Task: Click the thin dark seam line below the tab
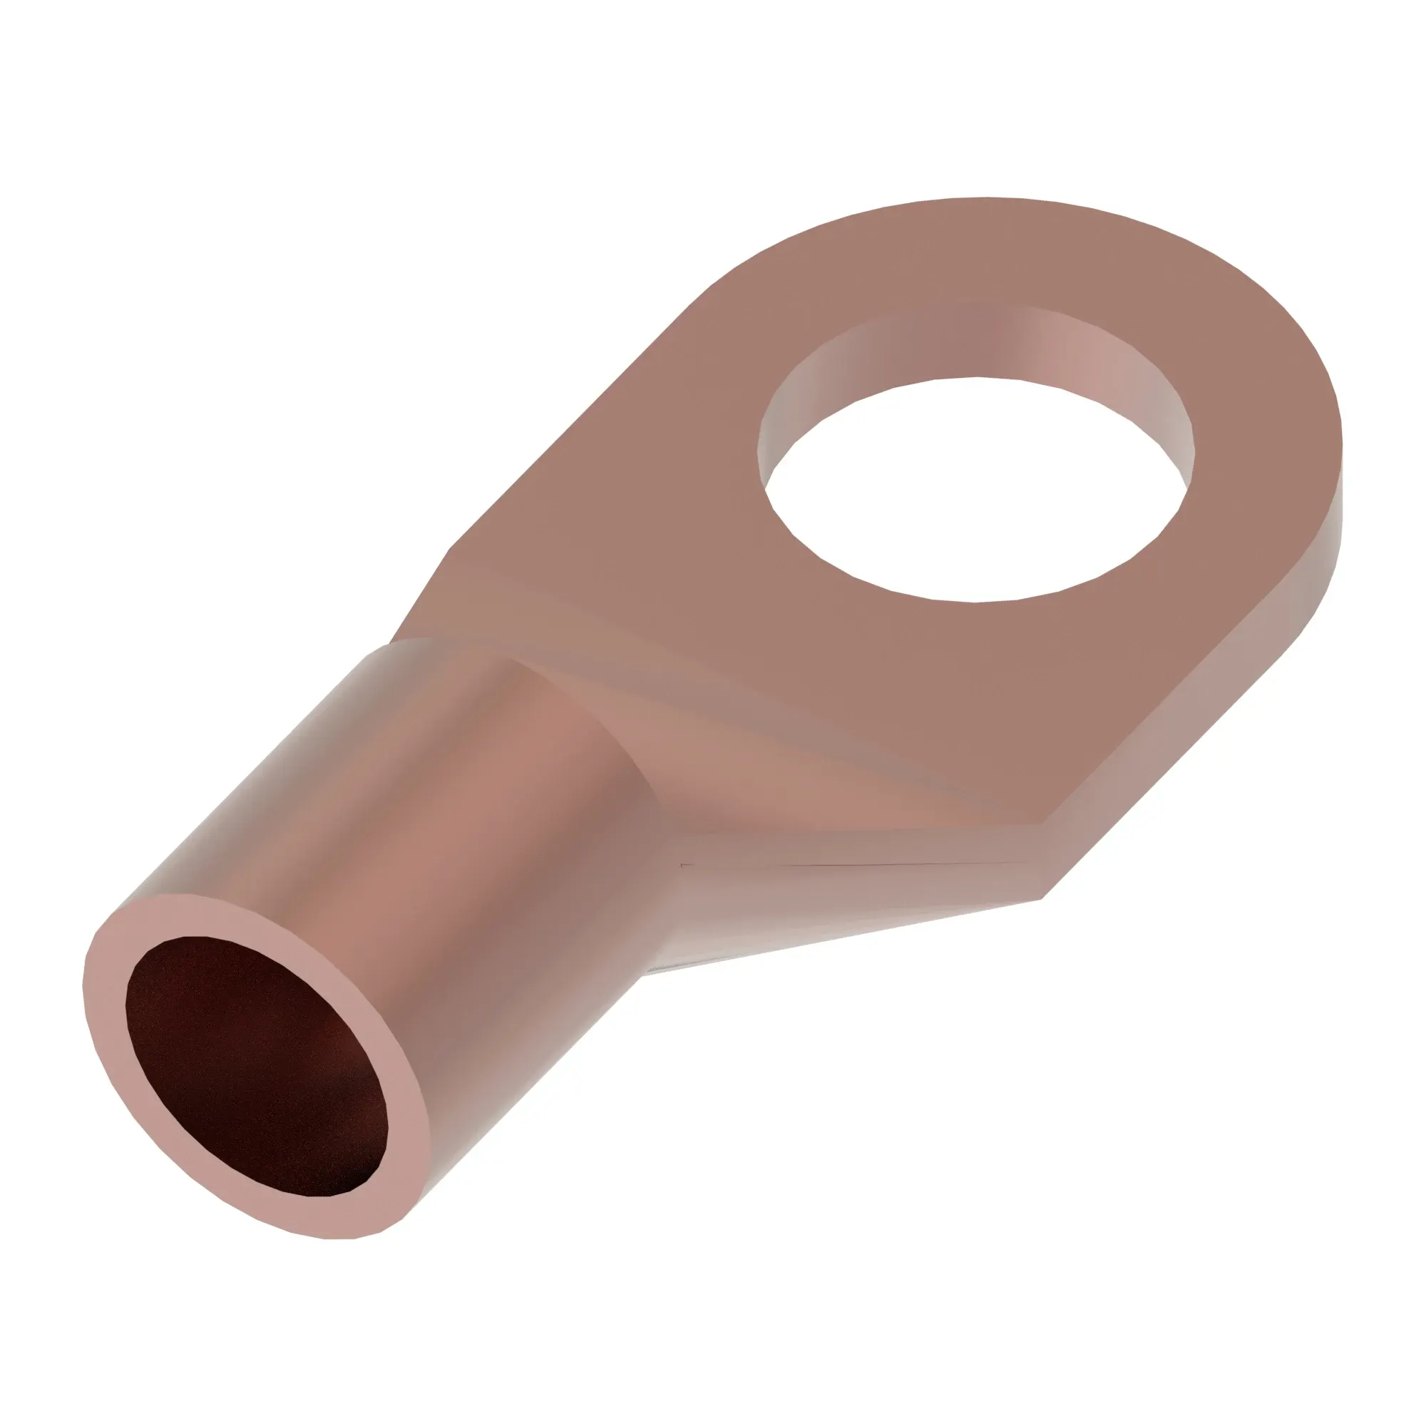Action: pos(848,864)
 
